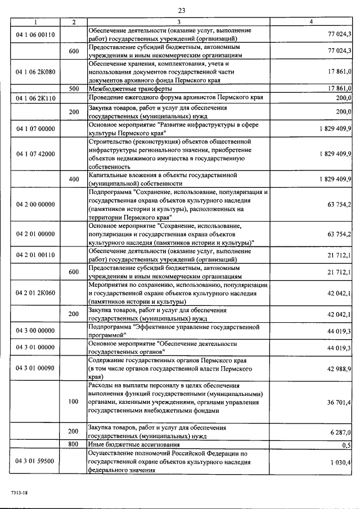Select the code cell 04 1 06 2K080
(35, 72)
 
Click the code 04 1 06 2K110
(35, 98)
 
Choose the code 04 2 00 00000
(35, 205)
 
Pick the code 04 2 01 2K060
(35, 293)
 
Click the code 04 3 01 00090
(35, 368)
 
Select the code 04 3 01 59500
(35, 461)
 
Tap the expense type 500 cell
(74, 88)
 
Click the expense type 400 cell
(74, 179)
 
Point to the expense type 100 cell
(74, 402)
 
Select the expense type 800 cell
(74, 444)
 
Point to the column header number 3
(178, 21)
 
